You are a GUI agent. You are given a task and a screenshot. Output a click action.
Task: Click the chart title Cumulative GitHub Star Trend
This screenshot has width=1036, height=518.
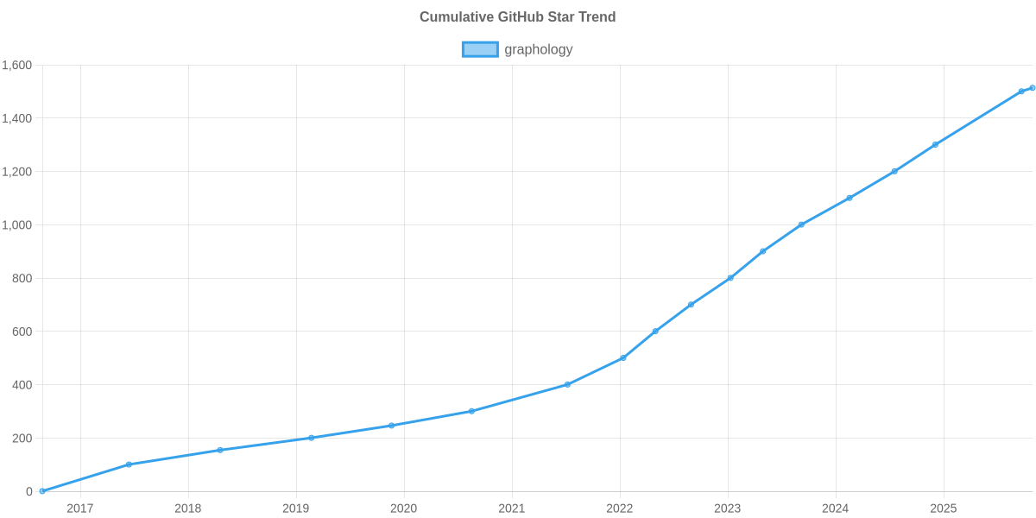517,17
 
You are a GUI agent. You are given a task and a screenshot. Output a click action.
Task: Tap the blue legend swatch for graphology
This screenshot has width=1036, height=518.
479,49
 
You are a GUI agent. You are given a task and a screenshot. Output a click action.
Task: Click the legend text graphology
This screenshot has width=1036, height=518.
539,49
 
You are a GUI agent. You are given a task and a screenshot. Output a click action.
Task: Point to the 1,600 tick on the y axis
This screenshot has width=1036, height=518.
17,66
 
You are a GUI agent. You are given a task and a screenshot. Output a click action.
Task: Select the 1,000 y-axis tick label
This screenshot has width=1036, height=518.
17,225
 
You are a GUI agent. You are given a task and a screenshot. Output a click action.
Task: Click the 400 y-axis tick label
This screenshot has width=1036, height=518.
22,385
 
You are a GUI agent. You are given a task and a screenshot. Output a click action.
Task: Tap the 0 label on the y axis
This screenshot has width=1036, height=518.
29,492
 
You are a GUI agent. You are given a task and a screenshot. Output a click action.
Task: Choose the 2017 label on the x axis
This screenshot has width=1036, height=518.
80,509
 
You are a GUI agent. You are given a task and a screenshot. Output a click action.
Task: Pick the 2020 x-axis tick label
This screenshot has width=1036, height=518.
404,509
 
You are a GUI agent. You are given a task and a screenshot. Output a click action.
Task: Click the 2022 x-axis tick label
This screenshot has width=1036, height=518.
620,509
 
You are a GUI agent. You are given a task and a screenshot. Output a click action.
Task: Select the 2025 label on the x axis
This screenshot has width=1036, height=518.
944,509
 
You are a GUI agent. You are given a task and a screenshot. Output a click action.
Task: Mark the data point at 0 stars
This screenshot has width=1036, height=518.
41,491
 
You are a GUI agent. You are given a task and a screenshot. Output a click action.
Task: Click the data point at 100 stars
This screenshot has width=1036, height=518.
129,464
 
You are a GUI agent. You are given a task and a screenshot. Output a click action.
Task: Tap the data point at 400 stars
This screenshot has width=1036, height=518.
567,384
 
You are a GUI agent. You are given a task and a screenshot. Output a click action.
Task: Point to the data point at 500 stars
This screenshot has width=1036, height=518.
623,357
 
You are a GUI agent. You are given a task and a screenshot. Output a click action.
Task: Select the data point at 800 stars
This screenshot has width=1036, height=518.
730,278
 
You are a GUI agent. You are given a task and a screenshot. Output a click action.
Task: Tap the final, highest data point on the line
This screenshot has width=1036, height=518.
1032,88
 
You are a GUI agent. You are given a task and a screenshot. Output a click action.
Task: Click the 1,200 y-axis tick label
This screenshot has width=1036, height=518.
17,172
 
